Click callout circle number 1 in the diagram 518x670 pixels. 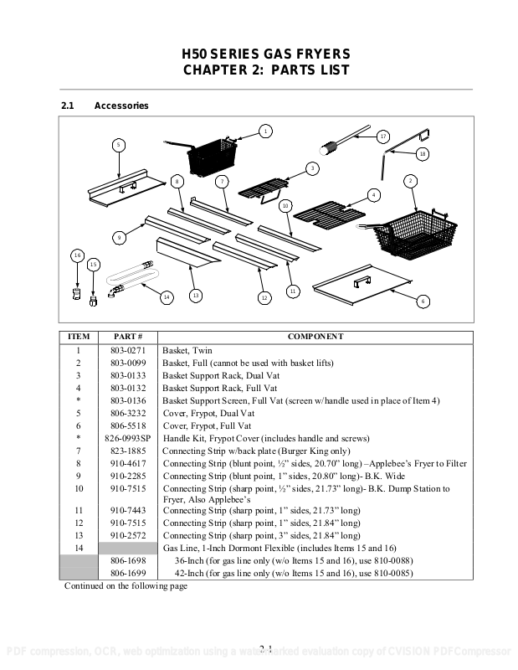click(264, 131)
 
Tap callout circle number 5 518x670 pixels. click(119, 145)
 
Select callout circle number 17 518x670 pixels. click(382, 136)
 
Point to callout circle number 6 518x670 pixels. click(423, 301)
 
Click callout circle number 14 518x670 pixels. click(166, 296)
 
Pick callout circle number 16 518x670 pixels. click(77, 255)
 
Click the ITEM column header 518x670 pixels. click(78, 337)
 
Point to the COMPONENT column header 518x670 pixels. click(315, 337)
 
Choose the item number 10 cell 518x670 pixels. click(78, 488)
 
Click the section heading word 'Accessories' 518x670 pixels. click(121, 106)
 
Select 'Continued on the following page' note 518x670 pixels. click(126, 586)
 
